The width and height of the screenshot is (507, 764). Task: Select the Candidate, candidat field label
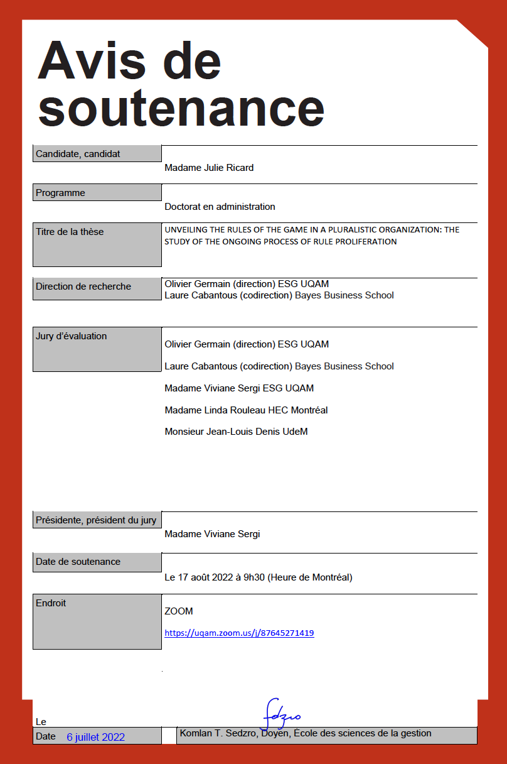point(78,154)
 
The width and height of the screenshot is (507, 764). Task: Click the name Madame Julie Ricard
point(209,168)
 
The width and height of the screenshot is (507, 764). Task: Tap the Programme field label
point(60,193)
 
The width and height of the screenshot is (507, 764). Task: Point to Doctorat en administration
point(220,207)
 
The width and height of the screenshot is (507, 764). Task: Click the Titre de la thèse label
point(70,232)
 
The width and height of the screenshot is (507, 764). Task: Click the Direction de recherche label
point(83,286)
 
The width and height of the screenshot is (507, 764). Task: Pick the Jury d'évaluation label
point(71,336)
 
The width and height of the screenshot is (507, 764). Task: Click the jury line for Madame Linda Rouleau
point(246,410)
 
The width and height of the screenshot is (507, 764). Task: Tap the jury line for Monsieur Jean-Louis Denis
point(236,432)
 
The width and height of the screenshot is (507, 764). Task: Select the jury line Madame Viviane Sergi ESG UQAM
point(239,388)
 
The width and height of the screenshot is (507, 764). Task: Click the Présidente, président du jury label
point(96,520)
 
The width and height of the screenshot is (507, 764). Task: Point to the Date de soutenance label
point(78,562)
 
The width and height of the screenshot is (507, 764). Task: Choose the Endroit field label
point(51,603)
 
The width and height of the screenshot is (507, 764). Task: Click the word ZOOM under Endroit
point(179,611)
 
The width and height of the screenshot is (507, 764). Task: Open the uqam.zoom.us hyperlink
point(239,633)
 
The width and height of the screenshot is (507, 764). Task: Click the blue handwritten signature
point(280,714)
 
